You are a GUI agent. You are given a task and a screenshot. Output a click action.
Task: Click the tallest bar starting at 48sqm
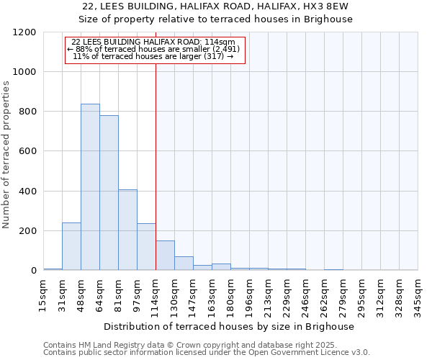[90, 187]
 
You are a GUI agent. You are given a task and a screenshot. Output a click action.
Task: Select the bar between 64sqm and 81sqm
[109, 193]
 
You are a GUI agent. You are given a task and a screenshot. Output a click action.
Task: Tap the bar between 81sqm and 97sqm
[127, 230]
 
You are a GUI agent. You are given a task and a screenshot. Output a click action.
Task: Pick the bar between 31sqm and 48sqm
[71, 246]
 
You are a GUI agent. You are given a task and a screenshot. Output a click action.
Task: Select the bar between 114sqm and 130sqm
[165, 256]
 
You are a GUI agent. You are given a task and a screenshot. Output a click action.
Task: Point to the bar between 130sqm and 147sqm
[184, 264]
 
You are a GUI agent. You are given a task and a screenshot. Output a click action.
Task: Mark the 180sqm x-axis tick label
[230, 296]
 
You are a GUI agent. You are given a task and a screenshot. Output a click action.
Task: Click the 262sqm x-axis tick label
[324, 296]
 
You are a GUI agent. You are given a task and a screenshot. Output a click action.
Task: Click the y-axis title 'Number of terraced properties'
[6, 155]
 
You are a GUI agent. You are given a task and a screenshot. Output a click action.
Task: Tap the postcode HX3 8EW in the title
[325, 6]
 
